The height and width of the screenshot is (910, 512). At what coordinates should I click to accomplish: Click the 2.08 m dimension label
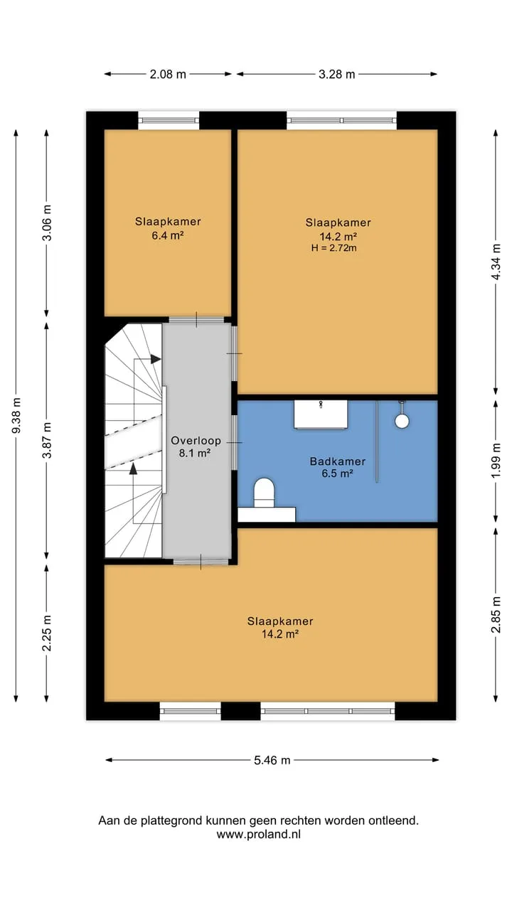(168, 75)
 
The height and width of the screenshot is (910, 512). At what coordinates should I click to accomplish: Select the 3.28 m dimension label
(336, 75)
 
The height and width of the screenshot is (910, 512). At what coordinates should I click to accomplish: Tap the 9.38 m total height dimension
(16, 415)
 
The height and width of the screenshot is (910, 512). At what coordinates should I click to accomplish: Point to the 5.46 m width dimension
(272, 760)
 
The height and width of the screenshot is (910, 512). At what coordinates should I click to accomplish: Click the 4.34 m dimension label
(496, 262)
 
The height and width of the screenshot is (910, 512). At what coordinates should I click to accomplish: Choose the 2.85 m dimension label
(496, 615)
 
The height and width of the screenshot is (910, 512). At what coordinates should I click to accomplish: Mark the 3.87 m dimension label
(47, 440)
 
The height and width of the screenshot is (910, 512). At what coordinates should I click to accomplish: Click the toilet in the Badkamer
(264, 493)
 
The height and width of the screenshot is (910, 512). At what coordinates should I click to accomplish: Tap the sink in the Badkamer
(321, 414)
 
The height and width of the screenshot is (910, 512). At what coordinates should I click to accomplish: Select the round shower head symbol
(402, 421)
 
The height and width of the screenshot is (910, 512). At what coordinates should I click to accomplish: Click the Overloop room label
(196, 441)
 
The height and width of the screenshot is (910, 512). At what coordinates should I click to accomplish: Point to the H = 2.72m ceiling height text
(334, 248)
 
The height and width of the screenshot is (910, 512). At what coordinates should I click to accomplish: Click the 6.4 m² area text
(168, 235)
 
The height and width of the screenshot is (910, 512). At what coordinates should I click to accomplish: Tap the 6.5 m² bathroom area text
(337, 473)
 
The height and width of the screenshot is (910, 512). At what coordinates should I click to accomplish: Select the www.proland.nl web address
(258, 835)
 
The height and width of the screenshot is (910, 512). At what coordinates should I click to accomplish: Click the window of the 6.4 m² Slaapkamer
(169, 120)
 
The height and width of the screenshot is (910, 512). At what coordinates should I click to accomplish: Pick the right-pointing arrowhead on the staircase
(156, 359)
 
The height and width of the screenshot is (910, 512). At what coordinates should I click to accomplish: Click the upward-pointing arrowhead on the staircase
(133, 469)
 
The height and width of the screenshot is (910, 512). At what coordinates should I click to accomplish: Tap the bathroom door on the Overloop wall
(235, 442)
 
